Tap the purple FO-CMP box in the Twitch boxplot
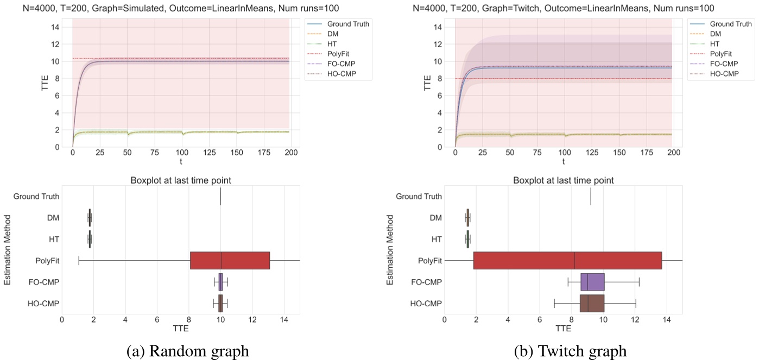(592, 282)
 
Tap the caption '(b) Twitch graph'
(570, 351)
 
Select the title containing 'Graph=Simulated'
(184, 8)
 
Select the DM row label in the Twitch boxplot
(435, 218)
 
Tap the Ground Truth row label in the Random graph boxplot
(36, 197)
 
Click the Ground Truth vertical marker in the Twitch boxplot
(591, 197)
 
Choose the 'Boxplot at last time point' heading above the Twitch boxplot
(564, 181)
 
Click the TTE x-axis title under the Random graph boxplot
(181, 329)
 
